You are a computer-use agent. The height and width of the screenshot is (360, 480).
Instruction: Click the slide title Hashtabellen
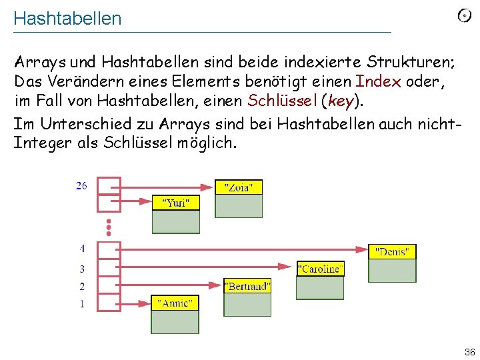point(67,19)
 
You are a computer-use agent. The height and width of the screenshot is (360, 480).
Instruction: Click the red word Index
point(379,82)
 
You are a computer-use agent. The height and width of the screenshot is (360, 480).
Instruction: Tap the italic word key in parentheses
point(340,101)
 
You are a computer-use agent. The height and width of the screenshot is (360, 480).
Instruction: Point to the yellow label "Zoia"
point(239,187)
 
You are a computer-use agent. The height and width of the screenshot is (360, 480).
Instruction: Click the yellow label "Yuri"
point(176,203)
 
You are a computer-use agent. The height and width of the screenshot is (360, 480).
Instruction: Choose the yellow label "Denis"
point(392,252)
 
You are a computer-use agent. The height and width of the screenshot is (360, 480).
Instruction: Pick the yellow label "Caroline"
point(321,269)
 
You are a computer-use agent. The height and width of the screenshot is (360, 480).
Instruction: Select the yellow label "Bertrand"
point(247,287)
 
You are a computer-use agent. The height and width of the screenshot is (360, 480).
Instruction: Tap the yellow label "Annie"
point(175,303)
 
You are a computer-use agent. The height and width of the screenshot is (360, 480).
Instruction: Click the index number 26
point(81,186)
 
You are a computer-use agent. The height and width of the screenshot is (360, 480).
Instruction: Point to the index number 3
point(82,269)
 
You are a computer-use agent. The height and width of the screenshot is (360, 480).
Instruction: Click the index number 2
point(82,287)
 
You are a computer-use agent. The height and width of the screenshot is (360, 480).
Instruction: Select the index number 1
point(82,304)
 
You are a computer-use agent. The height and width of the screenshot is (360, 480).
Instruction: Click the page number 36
point(469,351)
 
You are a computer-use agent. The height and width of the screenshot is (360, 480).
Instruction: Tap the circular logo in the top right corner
point(465,16)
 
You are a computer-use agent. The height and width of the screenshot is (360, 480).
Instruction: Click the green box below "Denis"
point(392,271)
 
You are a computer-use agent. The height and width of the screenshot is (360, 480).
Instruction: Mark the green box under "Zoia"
point(239,206)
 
